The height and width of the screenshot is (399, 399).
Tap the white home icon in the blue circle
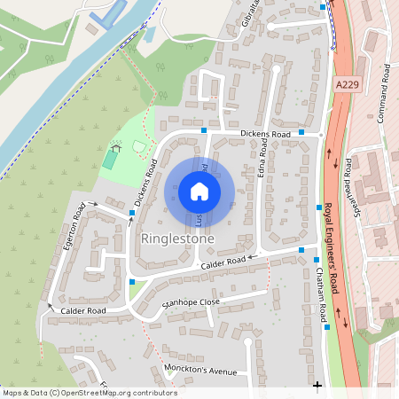199,192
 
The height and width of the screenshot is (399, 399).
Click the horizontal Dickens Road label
265,134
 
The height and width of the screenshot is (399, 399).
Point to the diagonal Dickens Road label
145,184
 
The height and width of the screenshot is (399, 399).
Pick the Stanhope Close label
190,303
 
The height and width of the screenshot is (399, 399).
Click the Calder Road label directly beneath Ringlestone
223,263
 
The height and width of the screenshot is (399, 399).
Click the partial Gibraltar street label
251,15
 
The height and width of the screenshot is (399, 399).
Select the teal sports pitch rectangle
109,160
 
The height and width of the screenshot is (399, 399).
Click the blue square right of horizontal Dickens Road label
301,132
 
